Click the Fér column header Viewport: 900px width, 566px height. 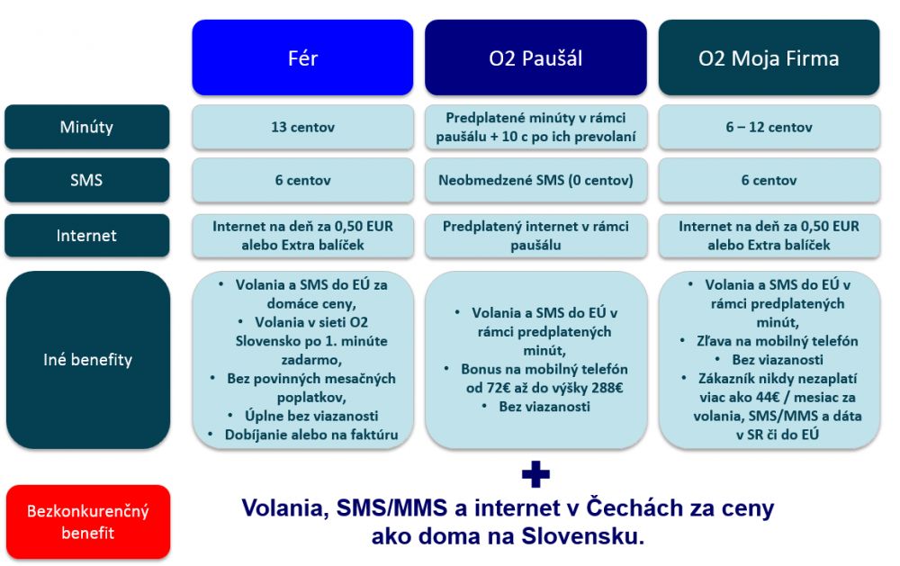click(302, 58)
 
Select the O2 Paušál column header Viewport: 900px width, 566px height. click(535, 58)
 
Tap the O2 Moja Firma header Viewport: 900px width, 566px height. click(769, 58)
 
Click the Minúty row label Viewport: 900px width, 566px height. click(86, 127)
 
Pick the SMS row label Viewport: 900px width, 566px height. click(86, 180)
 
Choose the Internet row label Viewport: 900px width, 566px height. click(86, 236)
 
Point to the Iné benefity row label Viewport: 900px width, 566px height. click(88, 359)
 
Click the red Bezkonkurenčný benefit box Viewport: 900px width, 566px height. click(88, 522)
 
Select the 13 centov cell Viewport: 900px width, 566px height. click(302, 127)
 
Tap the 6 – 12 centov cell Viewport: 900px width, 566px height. click(769, 127)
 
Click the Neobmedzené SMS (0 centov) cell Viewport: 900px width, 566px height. click(535, 180)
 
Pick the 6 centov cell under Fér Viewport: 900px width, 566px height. click(302, 180)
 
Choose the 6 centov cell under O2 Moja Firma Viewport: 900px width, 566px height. click(769, 180)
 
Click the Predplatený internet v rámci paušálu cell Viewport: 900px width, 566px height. click(535, 236)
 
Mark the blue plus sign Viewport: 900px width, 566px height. click(535, 474)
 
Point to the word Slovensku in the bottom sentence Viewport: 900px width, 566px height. click(582, 536)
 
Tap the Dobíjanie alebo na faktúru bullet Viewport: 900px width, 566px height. click(311, 435)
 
